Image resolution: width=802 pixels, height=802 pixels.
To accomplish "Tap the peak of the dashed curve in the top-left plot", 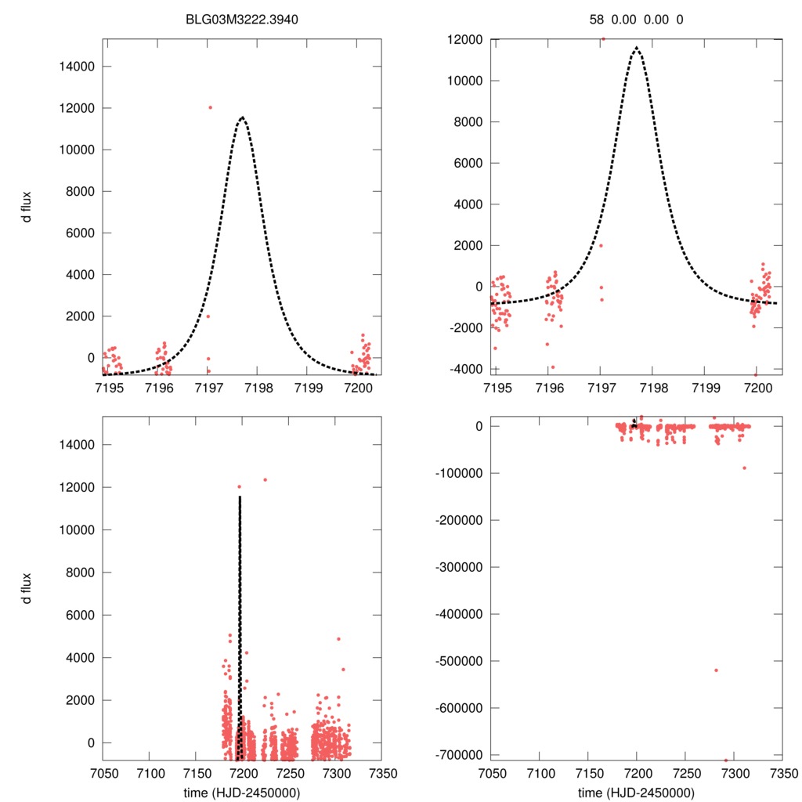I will coord(243,117).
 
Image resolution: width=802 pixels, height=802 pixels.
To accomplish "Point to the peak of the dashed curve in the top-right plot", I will coord(636,48).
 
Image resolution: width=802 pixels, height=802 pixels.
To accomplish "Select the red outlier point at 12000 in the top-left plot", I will coord(210,107).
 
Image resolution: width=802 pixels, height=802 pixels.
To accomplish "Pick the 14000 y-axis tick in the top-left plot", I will coord(77,67).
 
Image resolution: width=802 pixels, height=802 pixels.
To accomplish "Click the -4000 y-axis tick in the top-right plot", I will coord(468,369).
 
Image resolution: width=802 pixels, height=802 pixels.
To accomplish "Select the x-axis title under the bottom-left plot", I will coord(243,792).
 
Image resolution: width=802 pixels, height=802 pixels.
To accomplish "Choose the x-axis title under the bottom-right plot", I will coord(636,792).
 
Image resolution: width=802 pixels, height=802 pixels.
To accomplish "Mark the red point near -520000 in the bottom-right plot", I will coord(716,670).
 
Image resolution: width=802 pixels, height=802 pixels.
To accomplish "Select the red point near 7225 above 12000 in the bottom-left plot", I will coord(265,479).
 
